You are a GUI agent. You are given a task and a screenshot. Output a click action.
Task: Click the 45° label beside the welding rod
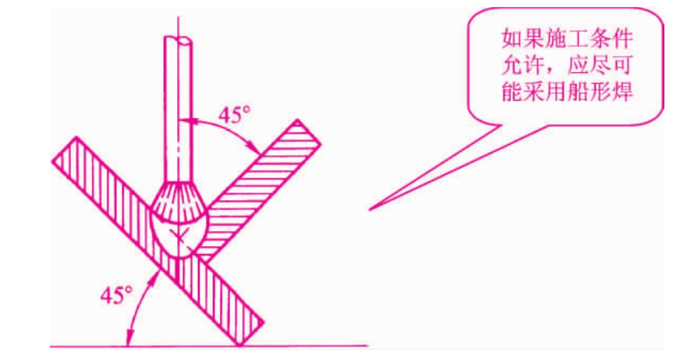tap(234, 115)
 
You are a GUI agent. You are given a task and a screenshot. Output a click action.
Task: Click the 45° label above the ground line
tap(116, 295)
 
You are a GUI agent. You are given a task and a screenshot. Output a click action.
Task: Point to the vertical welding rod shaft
tap(178, 111)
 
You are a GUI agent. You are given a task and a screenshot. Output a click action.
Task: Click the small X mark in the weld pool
tap(178, 237)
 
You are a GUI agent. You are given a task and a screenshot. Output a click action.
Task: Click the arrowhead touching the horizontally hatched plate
tap(254, 146)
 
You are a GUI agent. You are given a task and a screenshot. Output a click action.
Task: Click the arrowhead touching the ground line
tap(129, 338)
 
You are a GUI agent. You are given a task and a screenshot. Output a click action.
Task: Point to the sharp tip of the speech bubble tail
tap(370, 209)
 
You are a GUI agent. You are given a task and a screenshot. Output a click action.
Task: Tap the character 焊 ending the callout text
tap(623, 91)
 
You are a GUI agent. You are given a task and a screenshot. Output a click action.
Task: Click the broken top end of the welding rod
tap(178, 39)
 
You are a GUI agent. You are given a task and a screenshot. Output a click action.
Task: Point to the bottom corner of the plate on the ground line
tap(239, 346)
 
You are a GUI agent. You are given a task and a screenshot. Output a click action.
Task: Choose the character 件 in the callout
tap(623, 39)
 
